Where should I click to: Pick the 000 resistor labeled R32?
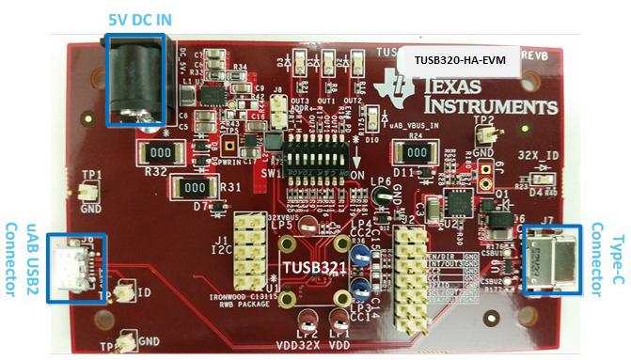(160, 152)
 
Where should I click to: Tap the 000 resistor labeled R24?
(412, 151)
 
